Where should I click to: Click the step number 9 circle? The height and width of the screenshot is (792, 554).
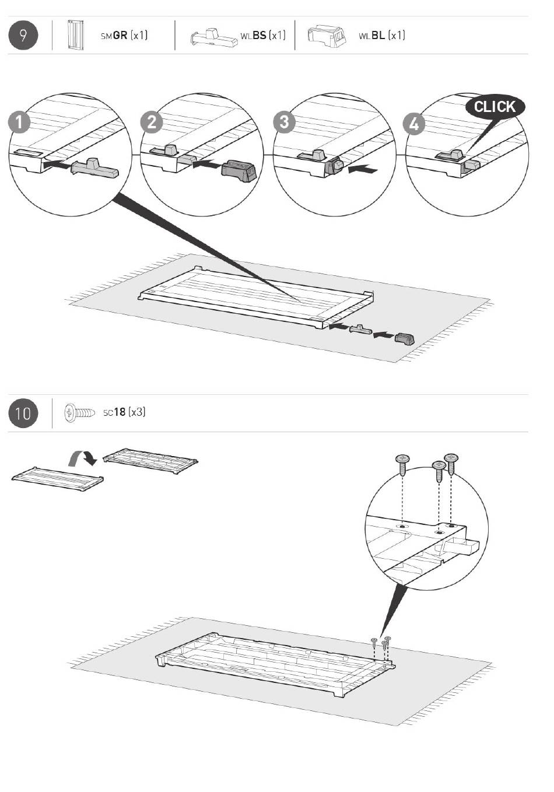(x=23, y=35)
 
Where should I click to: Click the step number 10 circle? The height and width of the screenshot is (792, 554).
(x=23, y=413)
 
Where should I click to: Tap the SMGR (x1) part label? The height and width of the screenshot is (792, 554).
(x=124, y=36)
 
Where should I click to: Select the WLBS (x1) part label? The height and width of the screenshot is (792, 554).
(x=263, y=36)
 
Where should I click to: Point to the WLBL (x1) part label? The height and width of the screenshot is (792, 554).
(x=381, y=36)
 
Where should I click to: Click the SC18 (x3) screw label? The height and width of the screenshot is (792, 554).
(x=124, y=412)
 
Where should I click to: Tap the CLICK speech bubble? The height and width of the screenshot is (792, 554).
(x=495, y=107)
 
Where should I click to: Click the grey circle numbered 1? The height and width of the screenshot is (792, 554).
(x=20, y=122)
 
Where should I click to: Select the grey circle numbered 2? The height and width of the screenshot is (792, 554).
(x=152, y=122)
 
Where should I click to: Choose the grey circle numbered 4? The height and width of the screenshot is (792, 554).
(x=414, y=124)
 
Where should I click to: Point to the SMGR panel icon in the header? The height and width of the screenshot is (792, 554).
(x=74, y=36)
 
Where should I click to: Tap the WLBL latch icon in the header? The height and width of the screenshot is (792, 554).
(x=325, y=36)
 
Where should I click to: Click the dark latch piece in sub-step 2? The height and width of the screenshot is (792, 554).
(x=239, y=170)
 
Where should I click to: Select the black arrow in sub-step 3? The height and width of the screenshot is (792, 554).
(x=363, y=170)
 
